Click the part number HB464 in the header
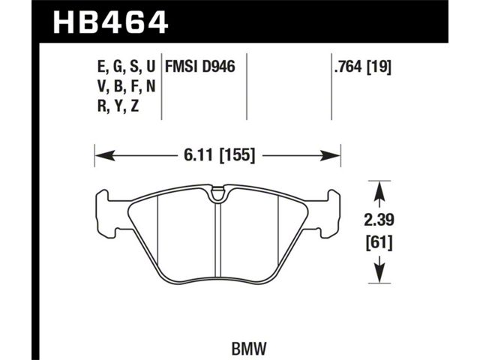110,22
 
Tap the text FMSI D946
200,67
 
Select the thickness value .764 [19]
363,67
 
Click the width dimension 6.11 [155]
220,156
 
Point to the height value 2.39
379,220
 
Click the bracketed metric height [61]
379,243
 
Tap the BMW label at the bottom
250,348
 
